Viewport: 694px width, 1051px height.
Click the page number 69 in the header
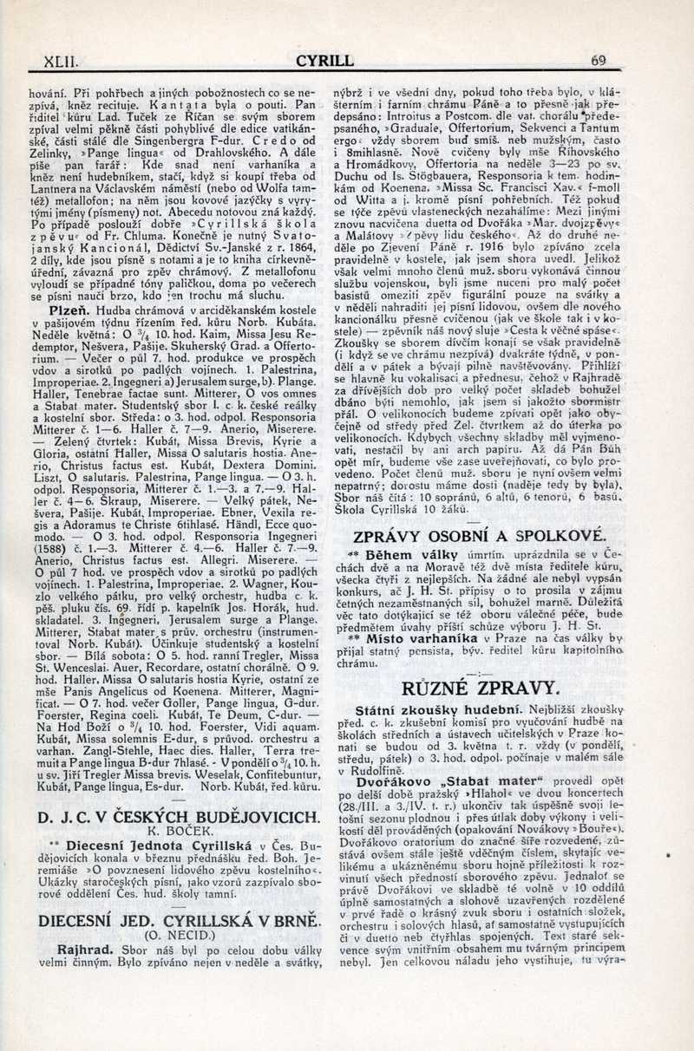pos(598,61)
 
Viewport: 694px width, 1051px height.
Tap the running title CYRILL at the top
pos(324,61)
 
